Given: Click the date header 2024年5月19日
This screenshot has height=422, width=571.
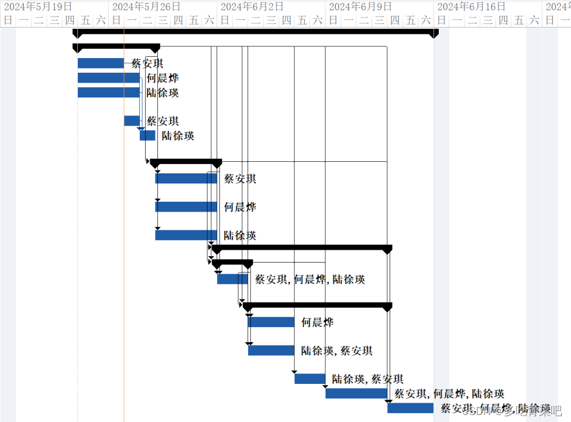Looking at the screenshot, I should tap(38, 6).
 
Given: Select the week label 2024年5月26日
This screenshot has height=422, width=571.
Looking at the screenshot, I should tap(146, 6).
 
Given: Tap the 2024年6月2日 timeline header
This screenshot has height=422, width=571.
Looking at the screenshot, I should tap(252, 6).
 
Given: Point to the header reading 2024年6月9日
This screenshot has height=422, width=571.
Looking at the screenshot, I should tap(360, 6).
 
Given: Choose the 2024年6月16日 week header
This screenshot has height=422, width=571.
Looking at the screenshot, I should tap(471, 6).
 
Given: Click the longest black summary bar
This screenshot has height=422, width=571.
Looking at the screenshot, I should tap(255, 32).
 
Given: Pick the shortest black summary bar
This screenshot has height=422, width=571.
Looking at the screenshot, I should tap(232, 263).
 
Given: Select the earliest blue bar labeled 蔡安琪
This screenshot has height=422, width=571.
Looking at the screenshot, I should tap(101, 63).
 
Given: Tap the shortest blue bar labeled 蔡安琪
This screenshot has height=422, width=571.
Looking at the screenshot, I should tap(132, 121).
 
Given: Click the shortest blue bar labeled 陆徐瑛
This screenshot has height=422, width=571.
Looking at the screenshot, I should tap(147, 135).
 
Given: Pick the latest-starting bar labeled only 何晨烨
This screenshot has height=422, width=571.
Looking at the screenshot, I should tap(271, 322).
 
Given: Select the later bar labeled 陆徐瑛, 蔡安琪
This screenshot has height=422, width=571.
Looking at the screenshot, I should tap(309, 379).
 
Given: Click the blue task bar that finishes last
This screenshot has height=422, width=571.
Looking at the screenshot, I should tap(410, 408).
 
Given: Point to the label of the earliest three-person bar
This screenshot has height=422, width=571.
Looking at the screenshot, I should tap(310, 280).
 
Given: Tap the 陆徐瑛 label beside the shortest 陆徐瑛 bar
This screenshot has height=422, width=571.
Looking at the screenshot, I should tap(178, 136).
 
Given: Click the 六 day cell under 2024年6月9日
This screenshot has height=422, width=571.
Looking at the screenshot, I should tap(426, 21).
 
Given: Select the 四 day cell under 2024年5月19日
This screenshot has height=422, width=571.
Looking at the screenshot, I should tap(70, 21).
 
